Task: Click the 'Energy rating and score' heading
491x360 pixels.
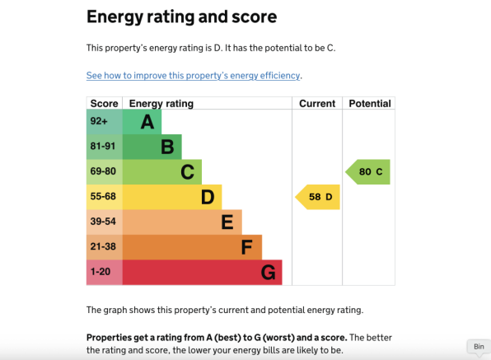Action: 181,17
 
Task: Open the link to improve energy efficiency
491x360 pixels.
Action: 194,76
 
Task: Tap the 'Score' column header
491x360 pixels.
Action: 105,104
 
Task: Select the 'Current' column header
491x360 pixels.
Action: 317,104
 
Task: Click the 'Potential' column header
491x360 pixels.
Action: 370,104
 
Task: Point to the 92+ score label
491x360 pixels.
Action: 99,121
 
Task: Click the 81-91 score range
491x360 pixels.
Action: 103,146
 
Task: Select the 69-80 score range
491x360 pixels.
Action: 103,171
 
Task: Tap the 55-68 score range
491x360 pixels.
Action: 103,196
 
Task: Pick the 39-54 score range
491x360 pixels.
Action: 103,222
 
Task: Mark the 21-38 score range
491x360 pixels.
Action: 103,246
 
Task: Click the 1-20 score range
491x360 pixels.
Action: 101,271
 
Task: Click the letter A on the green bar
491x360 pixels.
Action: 147,122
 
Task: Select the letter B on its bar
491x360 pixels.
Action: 167,147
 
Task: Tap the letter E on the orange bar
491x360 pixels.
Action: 227,222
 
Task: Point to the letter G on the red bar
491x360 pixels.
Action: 269,273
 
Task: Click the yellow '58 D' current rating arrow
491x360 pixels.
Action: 317,197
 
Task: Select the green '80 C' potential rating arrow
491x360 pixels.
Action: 367,172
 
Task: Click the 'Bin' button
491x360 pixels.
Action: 479,347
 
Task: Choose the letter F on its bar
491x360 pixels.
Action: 247,247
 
